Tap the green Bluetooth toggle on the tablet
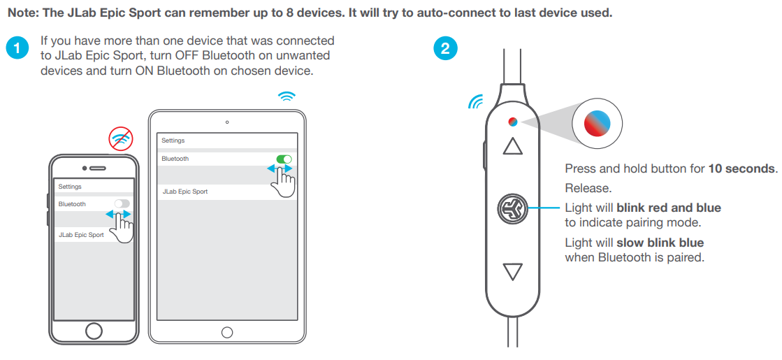[x=284, y=159]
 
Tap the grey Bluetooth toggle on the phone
[x=122, y=203]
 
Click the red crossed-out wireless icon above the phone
[x=122, y=140]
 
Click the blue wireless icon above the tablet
[x=287, y=96]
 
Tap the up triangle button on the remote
[x=513, y=145]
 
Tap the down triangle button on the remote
[x=513, y=271]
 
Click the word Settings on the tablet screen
[x=173, y=141]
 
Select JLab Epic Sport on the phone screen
[x=81, y=235]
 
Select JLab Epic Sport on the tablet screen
[x=185, y=192]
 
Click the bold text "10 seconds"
[x=741, y=168]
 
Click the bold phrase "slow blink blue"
[x=660, y=243]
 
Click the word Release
[x=588, y=188]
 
